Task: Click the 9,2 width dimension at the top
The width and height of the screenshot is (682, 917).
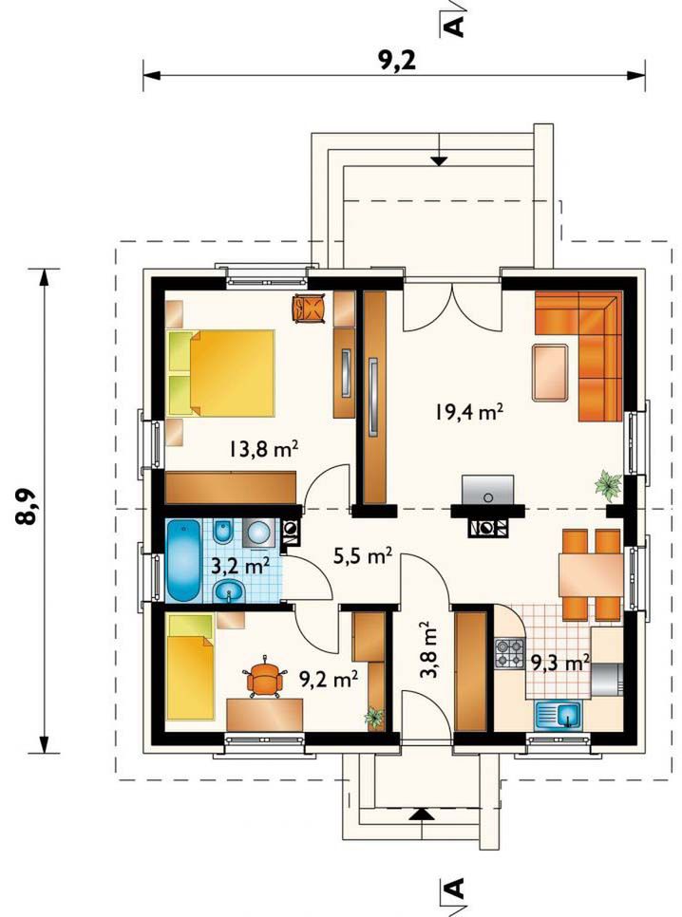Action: pos(397,60)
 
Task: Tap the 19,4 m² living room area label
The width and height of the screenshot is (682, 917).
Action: pos(469,412)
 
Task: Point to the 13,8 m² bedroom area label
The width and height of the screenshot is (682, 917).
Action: pos(264,449)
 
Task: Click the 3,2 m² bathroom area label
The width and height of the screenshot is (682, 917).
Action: pos(240,566)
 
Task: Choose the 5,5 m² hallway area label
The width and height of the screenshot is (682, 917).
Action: pos(362,555)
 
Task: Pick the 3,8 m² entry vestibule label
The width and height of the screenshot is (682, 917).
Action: pos(428,649)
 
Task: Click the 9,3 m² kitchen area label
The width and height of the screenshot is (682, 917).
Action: pos(560,663)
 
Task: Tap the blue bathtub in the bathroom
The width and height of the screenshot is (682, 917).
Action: pos(184,561)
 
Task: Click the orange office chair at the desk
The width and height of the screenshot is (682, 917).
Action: pos(265,679)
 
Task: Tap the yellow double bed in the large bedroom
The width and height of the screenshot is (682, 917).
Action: pos(221,374)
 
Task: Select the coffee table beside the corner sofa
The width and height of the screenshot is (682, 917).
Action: pos(550,372)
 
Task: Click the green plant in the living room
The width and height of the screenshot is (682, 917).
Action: pos(608,485)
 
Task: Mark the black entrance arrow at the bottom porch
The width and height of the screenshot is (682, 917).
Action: pos(419,814)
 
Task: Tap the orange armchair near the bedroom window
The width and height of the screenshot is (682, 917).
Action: pos(309,308)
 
